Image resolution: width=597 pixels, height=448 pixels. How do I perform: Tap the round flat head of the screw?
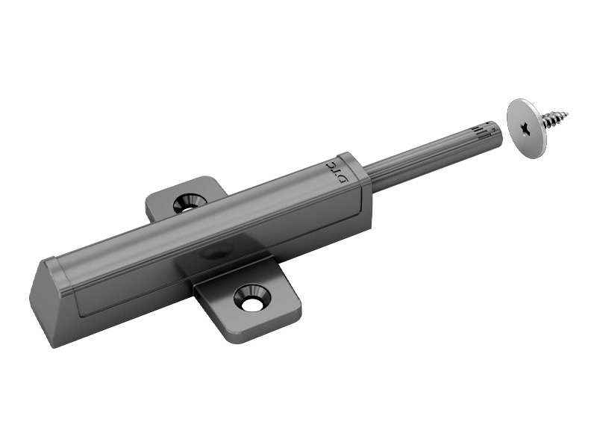coord(528,128)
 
